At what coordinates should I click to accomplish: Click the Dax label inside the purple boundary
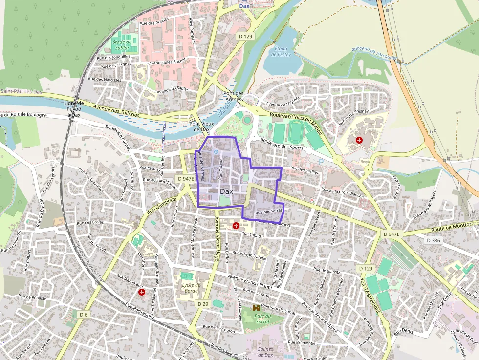(226, 191)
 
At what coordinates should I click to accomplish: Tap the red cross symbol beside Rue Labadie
(237, 225)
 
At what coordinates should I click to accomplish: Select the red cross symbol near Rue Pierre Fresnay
(360, 140)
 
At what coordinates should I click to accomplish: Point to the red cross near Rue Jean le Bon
(142, 292)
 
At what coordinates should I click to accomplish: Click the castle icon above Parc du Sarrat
(256, 308)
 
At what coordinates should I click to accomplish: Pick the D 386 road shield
(434, 240)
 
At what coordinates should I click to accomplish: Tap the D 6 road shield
(84, 314)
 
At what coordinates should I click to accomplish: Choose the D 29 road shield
(203, 304)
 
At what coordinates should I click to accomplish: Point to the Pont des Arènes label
(233, 96)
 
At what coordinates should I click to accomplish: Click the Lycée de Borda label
(191, 288)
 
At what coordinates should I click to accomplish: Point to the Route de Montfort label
(451, 229)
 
